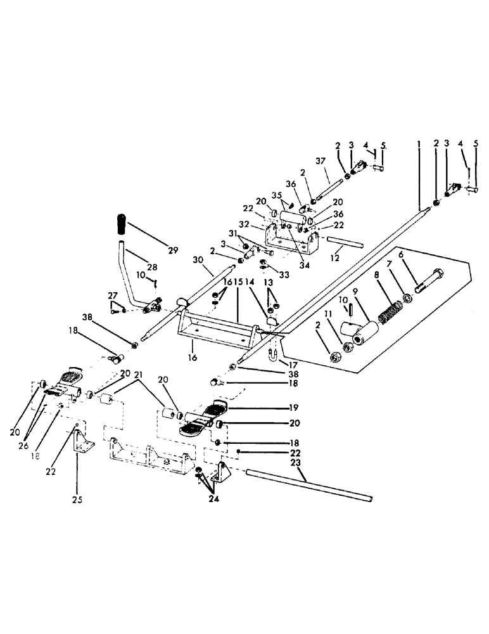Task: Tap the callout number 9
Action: pyautogui.click(x=355, y=292)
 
